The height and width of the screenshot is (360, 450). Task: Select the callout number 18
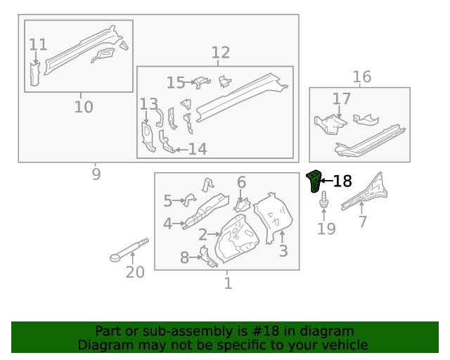[x=342, y=181]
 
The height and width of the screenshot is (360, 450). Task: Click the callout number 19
[x=326, y=229]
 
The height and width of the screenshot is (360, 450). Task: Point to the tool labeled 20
[x=131, y=250]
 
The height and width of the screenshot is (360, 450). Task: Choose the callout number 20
[x=134, y=272]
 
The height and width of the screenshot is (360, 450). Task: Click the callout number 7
[x=363, y=222]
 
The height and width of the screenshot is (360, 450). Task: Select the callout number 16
[x=361, y=77]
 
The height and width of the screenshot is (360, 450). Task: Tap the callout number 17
[x=341, y=99]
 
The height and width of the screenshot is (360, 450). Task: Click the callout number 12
[x=220, y=53]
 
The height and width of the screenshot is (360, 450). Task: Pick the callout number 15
[x=176, y=83]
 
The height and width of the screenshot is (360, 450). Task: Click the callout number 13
[x=148, y=105]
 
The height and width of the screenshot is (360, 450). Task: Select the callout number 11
[x=38, y=45]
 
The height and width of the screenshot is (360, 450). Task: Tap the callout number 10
[x=83, y=108]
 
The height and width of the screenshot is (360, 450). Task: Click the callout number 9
[x=96, y=174]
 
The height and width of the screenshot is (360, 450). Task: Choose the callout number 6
[x=241, y=183]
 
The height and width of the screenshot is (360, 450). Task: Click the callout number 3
[x=283, y=251]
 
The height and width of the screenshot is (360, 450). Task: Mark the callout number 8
[x=185, y=258]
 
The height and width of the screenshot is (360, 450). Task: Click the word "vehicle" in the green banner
[x=344, y=345]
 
